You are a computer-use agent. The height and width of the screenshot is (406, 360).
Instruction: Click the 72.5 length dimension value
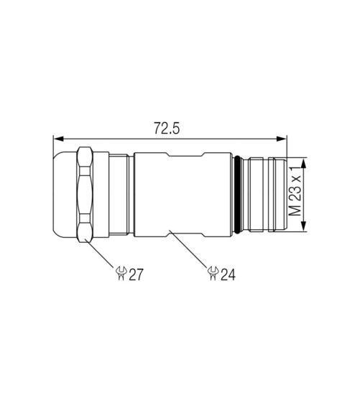167,128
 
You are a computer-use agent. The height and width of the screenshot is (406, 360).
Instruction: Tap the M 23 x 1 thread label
295,191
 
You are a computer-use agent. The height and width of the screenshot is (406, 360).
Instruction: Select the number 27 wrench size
136,274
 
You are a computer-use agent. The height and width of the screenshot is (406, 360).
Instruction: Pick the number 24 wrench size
228,274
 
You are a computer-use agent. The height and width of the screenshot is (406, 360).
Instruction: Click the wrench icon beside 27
121,273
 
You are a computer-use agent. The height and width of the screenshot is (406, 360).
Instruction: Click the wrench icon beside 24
213,273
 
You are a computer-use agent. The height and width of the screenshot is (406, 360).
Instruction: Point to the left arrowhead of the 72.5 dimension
58,139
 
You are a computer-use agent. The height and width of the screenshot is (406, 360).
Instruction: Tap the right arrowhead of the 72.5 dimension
282,139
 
